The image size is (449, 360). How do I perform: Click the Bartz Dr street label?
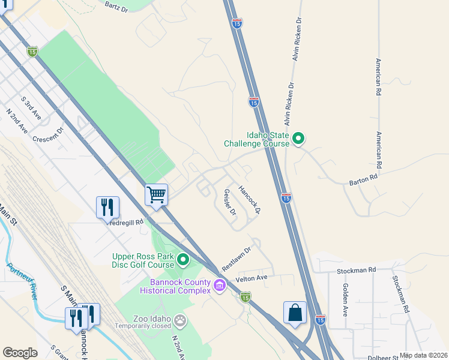[x=116, y=6]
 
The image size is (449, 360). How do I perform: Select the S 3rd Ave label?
[x=31, y=108]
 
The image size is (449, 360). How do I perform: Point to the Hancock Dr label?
[x=249, y=199]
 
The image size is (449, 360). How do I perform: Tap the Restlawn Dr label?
[x=236, y=258]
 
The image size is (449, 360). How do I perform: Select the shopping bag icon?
[x=295, y=313]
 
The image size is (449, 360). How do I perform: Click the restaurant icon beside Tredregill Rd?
[x=107, y=208]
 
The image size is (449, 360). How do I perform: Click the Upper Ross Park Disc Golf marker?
[x=183, y=260]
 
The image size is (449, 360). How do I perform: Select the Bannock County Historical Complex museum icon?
[x=220, y=284]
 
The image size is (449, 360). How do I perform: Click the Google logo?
[x=20, y=353]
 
